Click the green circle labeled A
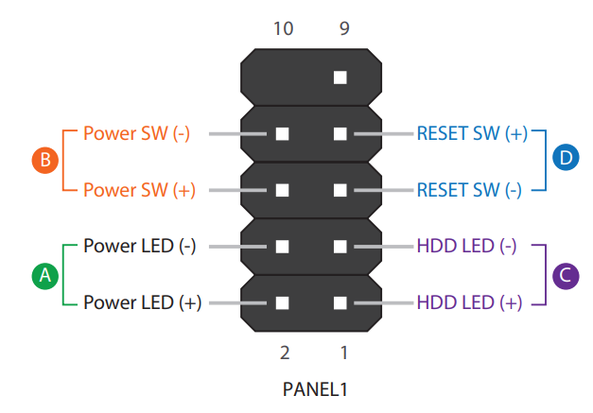click(44, 275)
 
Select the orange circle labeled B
click(44, 161)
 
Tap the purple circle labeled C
click(565, 275)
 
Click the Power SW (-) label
click(137, 133)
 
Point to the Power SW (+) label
click(139, 190)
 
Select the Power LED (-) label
click(139, 247)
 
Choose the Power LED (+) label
click(141, 303)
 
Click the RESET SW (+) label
click(472, 133)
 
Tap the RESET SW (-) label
click(470, 190)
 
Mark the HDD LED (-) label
click(466, 247)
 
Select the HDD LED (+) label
click(468, 303)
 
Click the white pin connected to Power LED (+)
click(282, 303)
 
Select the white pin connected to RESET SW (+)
click(340, 133)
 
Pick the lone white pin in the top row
click(340, 77)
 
